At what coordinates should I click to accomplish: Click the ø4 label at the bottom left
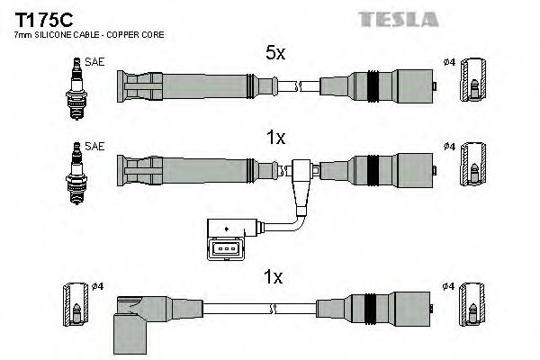[96, 287]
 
